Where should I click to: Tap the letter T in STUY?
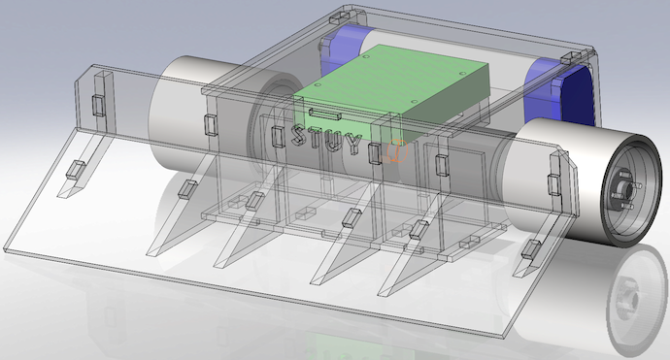(317, 138)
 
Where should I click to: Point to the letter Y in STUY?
(353, 145)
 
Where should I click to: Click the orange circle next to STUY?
(397, 151)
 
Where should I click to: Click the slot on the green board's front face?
(324, 114)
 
